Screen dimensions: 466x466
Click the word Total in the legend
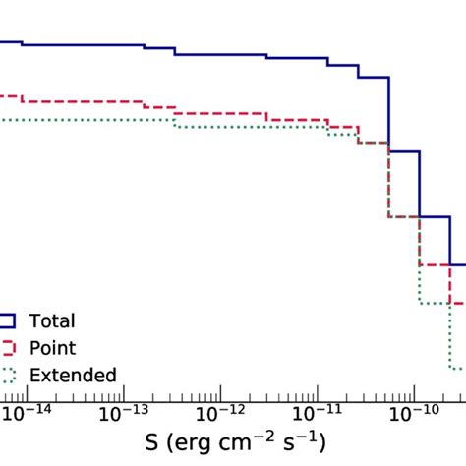pos(52,320)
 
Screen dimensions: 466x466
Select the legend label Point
pos(52,348)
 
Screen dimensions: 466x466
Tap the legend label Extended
pos(73,375)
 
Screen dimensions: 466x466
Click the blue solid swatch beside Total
pos(8,320)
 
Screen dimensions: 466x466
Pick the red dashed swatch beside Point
pos(8,348)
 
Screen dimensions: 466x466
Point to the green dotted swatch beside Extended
pos(8,375)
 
